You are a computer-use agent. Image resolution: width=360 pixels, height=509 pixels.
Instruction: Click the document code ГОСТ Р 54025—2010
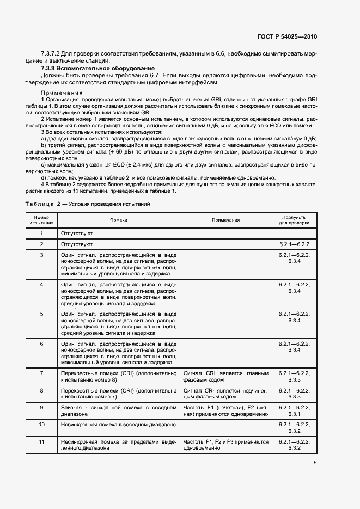point(286,36)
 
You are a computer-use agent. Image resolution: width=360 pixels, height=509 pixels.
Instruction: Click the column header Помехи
point(118,220)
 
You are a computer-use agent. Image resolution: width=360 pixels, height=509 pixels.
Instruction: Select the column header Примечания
point(225,220)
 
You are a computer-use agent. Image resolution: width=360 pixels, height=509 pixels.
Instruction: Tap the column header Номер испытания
point(41,220)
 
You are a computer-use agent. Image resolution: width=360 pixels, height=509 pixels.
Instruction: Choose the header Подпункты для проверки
point(294,220)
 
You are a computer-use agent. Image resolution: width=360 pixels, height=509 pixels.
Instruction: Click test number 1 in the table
point(42,234)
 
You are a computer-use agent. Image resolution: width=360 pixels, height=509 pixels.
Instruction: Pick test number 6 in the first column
point(42,344)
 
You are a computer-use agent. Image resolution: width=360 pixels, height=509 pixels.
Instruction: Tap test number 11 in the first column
point(42,442)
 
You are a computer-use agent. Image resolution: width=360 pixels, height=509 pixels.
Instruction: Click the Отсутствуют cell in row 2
point(77,244)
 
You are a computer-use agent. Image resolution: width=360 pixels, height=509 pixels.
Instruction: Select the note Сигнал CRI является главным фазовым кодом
point(226,377)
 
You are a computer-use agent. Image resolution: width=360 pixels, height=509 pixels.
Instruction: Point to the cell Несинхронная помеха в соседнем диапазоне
point(118,424)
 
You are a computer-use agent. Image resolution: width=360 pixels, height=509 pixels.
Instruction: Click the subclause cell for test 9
point(294,410)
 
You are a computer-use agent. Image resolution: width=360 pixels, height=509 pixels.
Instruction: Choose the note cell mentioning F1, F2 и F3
point(226,445)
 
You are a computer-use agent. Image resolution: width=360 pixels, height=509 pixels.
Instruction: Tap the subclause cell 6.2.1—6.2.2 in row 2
point(294,244)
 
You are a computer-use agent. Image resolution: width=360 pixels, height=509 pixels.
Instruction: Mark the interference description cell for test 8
point(119,394)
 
